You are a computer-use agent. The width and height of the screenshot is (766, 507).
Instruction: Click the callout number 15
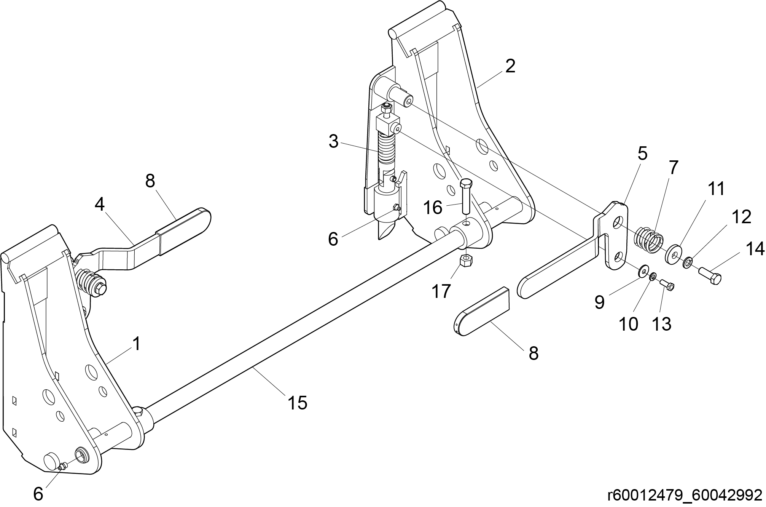coord(297,403)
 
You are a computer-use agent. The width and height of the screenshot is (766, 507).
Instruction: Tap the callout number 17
coord(441,292)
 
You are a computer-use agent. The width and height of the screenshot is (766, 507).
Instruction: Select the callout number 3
coord(333,142)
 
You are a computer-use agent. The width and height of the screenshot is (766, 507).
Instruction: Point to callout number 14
coord(755,249)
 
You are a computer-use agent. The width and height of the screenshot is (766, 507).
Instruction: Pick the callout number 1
coord(136,344)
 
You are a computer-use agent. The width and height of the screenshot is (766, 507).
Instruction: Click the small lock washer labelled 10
coord(653,276)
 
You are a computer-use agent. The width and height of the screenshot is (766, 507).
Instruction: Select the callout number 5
coord(642,154)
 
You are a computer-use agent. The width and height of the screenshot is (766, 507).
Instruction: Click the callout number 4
coord(99,205)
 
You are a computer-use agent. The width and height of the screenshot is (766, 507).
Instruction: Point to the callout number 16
coord(433,208)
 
